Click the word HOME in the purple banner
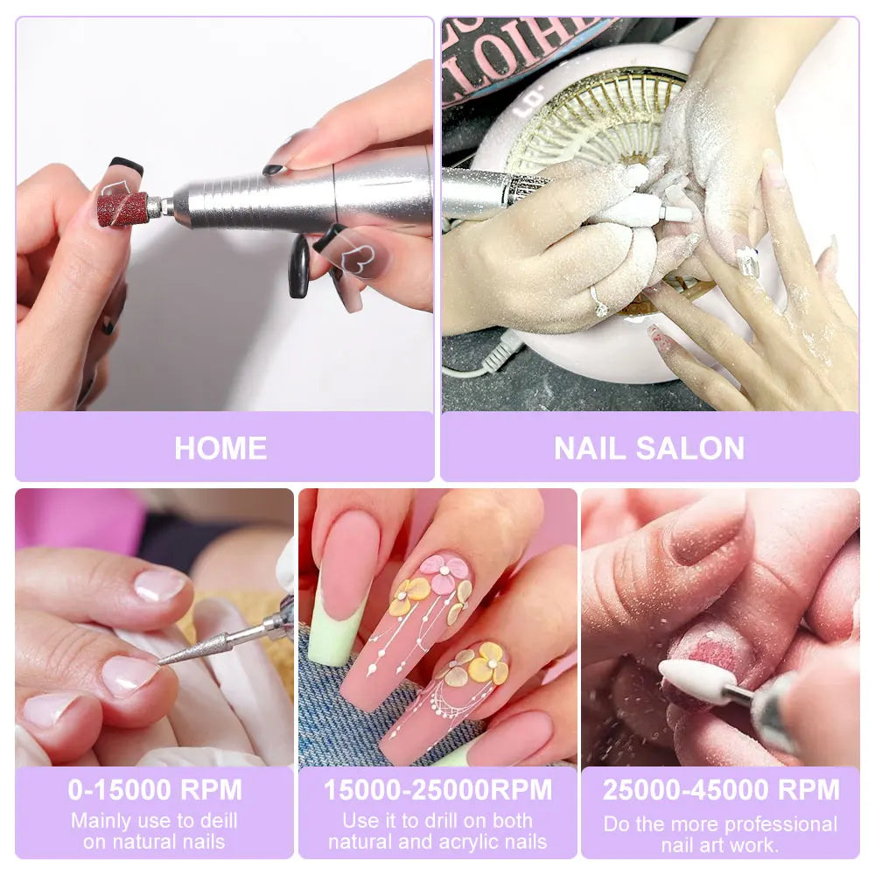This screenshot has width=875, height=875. pos(220,448)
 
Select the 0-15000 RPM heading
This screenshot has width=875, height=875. pos(155,789)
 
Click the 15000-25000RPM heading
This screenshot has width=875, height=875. pos(437,789)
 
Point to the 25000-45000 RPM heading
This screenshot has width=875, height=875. pos(720,789)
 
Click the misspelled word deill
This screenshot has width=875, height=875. pos(216,821)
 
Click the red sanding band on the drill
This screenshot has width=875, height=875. pos(122,208)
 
